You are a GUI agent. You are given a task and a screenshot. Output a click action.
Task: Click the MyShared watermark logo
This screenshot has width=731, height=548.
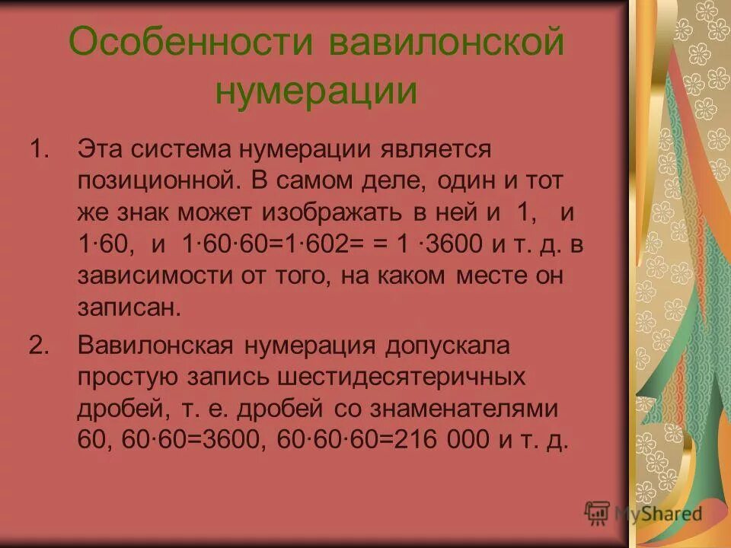pyautogui.click(x=643, y=512)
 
